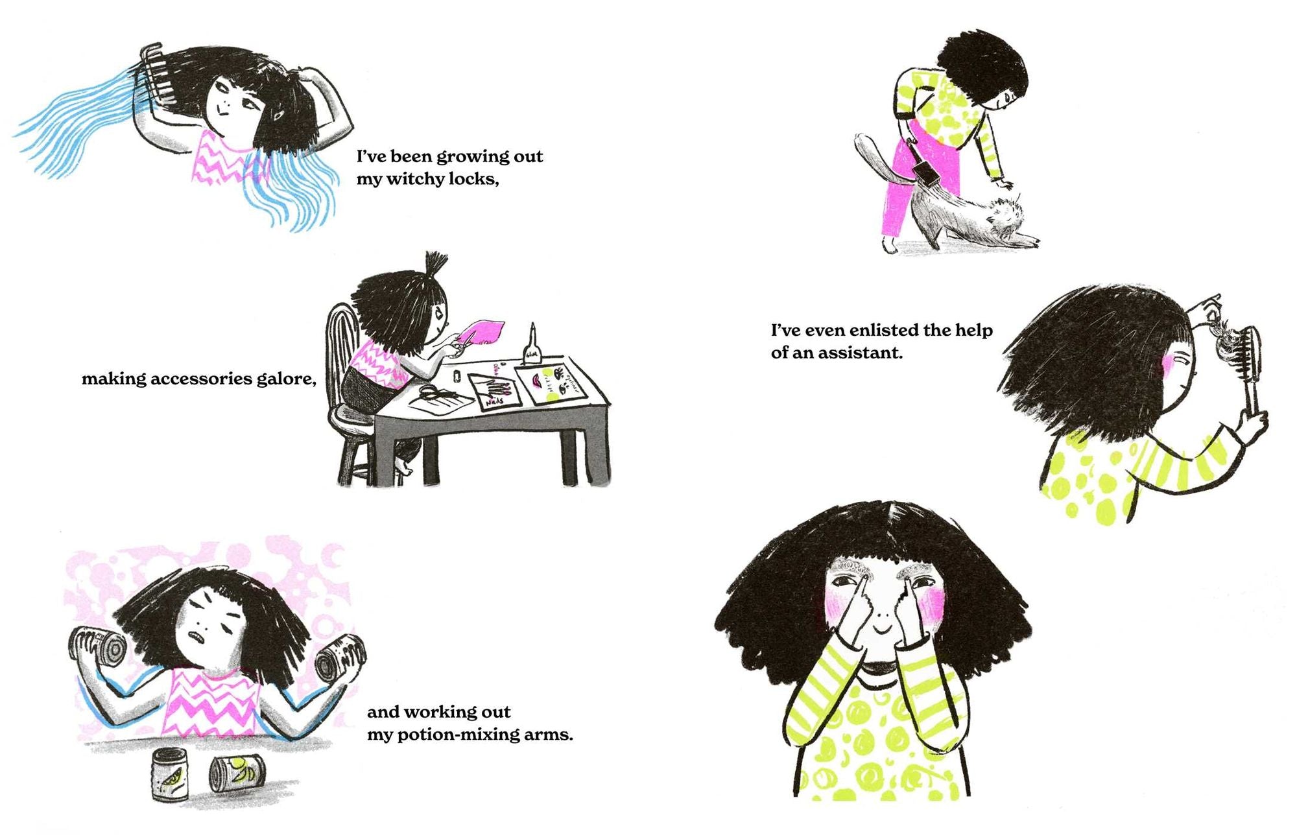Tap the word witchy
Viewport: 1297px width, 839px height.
point(414,179)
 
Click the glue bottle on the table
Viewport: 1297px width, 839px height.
point(532,343)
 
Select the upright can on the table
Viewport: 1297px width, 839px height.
point(169,774)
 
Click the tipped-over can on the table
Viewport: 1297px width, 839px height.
point(237,774)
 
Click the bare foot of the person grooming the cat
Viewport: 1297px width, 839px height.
point(890,246)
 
